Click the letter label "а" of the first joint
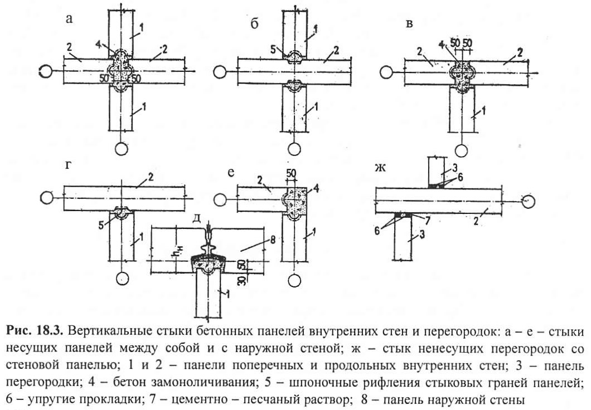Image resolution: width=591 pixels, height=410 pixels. [x=69, y=18]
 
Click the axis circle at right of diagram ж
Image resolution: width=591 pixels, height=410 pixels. [x=529, y=201]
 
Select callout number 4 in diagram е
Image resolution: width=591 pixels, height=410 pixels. [x=316, y=189]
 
